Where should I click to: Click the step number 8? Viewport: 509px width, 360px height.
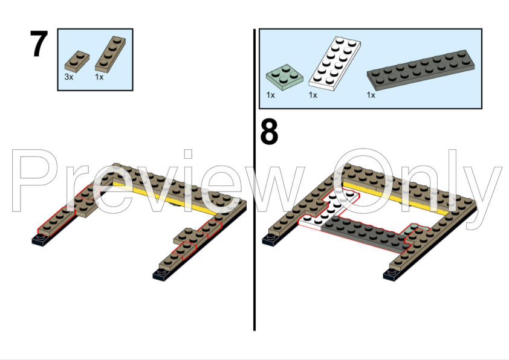(269, 132)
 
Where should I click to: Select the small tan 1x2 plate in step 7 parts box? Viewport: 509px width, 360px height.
(77, 62)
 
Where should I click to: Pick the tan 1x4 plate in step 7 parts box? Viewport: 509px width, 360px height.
(111, 54)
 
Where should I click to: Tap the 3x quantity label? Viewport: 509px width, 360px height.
(69, 77)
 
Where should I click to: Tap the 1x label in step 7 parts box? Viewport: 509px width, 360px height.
(99, 77)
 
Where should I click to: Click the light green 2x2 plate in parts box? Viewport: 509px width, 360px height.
(285, 77)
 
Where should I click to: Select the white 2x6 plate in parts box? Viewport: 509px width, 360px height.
(334, 63)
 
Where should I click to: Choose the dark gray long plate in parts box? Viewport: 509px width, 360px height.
(421, 70)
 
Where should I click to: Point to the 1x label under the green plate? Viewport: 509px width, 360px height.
(270, 95)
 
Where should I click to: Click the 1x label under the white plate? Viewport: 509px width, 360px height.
(313, 95)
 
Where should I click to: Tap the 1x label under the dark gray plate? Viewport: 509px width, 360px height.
(371, 95)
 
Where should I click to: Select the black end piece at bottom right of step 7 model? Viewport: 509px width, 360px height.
(161, 275)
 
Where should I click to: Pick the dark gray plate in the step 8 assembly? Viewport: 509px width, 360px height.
(367, 234)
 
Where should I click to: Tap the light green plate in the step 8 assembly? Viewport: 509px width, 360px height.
(411, 230)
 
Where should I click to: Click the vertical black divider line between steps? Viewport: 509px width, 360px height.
(254, 180)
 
